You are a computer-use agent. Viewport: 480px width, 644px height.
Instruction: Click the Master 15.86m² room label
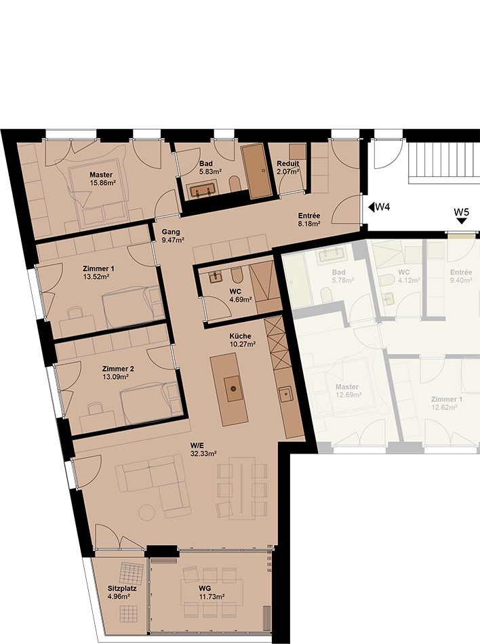(102, 179)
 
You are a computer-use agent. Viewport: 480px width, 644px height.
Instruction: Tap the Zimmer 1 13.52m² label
(98, 273)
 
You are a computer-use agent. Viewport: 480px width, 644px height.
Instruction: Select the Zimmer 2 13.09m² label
(118, 373)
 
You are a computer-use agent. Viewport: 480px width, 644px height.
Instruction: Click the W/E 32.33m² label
(203, 449)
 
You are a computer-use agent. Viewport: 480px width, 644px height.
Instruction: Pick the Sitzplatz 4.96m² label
(122, 592)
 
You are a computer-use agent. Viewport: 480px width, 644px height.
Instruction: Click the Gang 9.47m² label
(172, 236)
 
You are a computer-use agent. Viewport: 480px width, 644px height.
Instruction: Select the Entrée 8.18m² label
(309, 220)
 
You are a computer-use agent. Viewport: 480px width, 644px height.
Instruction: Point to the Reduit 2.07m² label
(288, 167)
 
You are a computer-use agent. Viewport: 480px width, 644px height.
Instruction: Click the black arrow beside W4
(371, 207)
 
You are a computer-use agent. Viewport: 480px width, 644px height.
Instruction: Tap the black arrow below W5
(462, 221)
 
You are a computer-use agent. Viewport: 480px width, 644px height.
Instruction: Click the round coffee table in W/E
(146, 512)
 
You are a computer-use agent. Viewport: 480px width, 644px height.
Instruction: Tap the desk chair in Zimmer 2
(96, 408)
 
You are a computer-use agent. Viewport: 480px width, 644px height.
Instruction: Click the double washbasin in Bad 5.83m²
(203, 190)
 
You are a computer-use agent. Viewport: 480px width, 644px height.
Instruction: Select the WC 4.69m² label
(241, 296)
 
